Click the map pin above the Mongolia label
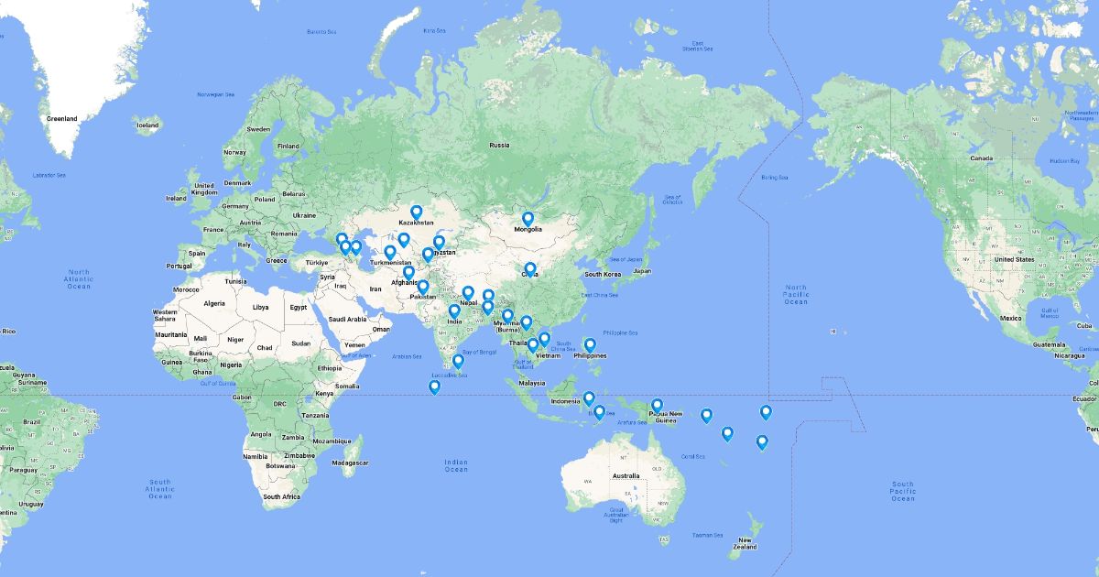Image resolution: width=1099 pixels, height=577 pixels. coord(528,220)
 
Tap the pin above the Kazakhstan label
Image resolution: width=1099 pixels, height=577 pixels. coord(416,212)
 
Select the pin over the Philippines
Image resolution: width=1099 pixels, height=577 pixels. coord(591,345)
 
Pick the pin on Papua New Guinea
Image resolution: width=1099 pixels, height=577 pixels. coord(657,406)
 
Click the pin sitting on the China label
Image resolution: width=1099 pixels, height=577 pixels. coord(529,269)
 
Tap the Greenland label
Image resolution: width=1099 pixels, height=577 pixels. coord(62,118)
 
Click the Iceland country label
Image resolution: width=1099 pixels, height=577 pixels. coord(147,125)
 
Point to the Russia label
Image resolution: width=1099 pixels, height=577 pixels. coord(499,145)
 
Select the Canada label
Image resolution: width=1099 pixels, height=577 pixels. coord(981,158)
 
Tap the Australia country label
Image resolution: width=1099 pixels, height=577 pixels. coord(626,475)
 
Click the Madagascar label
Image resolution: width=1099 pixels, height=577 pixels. coord(351,463)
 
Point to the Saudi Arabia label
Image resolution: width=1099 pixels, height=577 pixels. coord(347,320)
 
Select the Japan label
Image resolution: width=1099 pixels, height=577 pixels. coord(642,271)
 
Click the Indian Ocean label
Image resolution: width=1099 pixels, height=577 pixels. coord(455,465)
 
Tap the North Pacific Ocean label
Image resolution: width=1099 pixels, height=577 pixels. coord(796,294)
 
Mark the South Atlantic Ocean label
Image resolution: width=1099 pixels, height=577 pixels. coord(160,488)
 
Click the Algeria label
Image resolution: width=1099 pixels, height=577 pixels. coord(213,303)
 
